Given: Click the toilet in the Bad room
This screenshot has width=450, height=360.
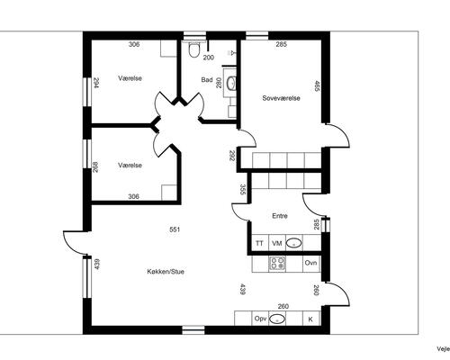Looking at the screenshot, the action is pos(193,49).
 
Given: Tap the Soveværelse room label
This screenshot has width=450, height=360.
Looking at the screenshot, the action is pos(281,98).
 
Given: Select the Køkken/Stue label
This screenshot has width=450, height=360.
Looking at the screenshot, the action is pos(166,272).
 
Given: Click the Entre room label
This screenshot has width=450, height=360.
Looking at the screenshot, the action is pos(280,216).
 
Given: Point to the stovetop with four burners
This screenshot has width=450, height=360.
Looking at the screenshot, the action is pos(277,264).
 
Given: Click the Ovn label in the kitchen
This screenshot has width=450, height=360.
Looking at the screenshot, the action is pos(310,263).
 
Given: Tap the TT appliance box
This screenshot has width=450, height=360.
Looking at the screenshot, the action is pos(259,243).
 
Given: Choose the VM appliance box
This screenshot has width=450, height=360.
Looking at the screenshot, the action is pos(277,243).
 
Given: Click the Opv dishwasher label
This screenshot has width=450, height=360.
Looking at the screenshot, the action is pos(260,319).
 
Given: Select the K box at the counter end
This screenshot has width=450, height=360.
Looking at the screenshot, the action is pos(310,319).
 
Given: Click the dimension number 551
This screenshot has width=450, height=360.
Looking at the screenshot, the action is pos(175,229).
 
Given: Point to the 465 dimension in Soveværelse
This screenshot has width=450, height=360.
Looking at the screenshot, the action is pos(316,86).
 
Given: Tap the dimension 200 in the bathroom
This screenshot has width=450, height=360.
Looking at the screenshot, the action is pos(209,58).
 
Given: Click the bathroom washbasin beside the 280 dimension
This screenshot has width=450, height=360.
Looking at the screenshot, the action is pos(231,83).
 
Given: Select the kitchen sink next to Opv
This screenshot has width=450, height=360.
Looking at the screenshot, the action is pos(277,319).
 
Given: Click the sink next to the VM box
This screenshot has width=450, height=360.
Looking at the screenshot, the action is pos(294,243).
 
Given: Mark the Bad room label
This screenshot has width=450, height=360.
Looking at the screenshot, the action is pos(207,80).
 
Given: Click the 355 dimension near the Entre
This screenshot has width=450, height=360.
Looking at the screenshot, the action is pos(243,190).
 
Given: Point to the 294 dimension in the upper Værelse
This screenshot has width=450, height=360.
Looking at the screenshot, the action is pos(96,83).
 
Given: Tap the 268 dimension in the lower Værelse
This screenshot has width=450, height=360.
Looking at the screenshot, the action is pos(95,167).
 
